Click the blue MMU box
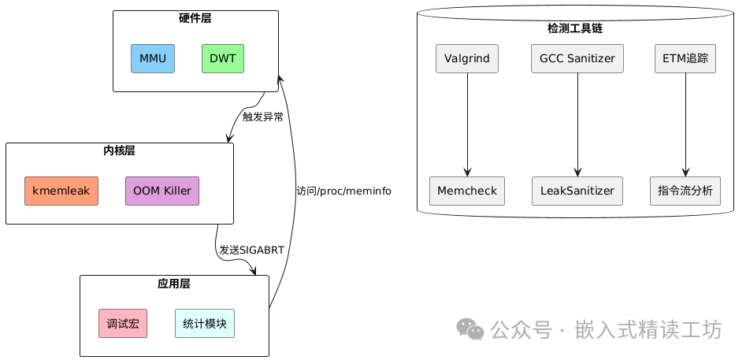click(152, 58)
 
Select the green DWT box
click(223, 58)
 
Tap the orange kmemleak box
click(61, 191)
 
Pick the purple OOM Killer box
click(162, 191)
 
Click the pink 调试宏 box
click(123, 323)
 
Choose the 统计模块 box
click(205, 323)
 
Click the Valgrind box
click(468, 58)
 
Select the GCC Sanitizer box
click(578, 58)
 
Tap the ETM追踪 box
click(685, 58)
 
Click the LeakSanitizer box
click(578, 191)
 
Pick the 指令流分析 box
click(685, 191)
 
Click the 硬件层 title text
click(195, 17)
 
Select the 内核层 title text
click(119, 150)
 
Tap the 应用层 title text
click(174, 282)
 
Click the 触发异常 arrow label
click(263, 117)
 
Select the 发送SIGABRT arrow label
click(252, 250)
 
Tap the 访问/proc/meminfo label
click(343, 191)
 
